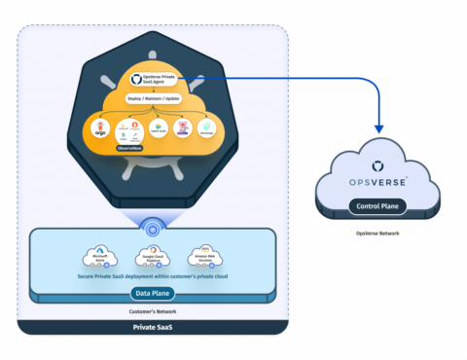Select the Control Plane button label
coord(377,207)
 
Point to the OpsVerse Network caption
coord(377,234)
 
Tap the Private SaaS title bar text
coord(155,328)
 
